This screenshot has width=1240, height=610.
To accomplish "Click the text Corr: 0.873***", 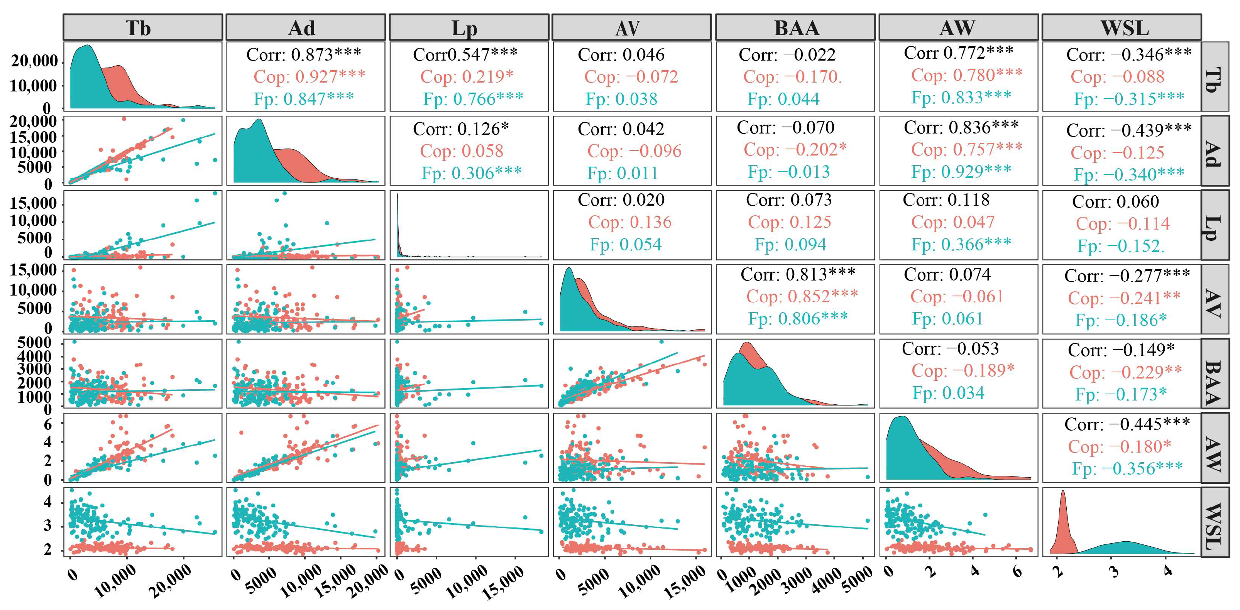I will click(304, 54).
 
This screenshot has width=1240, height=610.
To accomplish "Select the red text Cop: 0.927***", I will click(309, 76).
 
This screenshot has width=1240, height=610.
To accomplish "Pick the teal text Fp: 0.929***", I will click(961, 171).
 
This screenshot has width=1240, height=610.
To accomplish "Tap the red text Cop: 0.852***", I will click(802, 296).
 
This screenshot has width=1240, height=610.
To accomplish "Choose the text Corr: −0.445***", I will click(1127, 424).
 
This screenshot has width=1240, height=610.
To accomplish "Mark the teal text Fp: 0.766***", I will click(473, 99).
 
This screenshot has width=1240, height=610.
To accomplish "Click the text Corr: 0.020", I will click(621, 199).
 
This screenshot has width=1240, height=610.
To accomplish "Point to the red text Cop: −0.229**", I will click(1125, 372).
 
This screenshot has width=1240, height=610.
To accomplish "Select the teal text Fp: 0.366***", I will click(961, 244).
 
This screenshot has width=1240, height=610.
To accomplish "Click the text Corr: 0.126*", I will click(461, 129).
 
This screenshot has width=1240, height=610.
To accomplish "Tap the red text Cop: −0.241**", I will click(1124, 298).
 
